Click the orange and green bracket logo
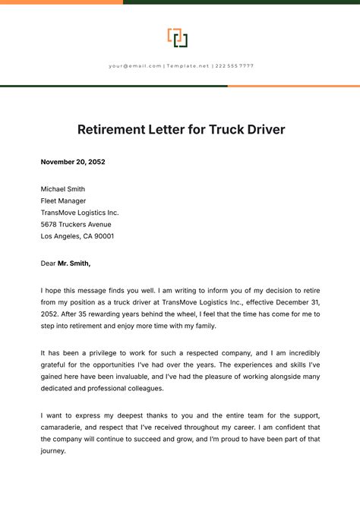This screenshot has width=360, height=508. pos(178,38)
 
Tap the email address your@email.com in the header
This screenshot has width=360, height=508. pos(135,66)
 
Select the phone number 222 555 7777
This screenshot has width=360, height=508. pos(235,66)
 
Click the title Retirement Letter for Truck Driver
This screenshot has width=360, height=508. pos(181,129)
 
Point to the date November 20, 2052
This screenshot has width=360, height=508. pos(73,162)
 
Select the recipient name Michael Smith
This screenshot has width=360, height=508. pos(63,189)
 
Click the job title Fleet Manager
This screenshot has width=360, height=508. pos(63,201)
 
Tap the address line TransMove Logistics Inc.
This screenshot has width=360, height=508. pos(80,213)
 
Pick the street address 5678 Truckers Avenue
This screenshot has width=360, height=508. pos(76,225)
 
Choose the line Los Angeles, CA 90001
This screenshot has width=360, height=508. pos(77,237)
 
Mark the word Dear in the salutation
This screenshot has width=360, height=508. pos(49,263)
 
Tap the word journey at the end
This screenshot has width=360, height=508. pos(53,451)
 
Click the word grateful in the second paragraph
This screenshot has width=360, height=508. pos(55,365)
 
